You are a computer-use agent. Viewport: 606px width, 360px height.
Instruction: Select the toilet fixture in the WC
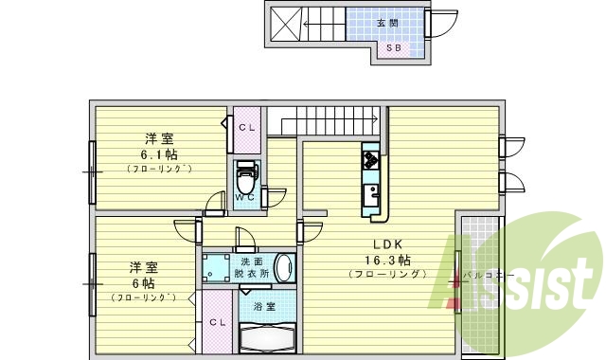click(x=247, y=175)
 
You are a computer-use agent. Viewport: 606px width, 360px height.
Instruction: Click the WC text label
click(x=244, y=198)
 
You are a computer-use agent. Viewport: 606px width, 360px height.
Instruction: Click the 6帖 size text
click(x=143, y=282)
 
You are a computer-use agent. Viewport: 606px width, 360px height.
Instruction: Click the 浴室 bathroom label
click(x=264, y=306)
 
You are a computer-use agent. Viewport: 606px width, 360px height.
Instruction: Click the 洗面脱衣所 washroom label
click(x=251, y=267)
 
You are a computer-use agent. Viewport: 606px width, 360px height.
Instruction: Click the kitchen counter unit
click(x=369, y=180)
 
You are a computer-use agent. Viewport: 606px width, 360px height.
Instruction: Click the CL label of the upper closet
click(x=247, y=127)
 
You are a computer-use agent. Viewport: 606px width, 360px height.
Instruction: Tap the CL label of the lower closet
click(x=217, y=321)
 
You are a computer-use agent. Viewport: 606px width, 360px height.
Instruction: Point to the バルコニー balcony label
click(x=489, y=276)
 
